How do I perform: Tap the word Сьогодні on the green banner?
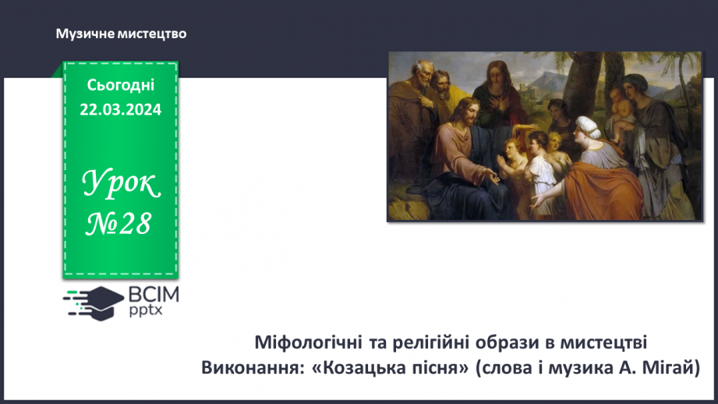click(121, 86)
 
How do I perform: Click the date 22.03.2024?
click(121, 110)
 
